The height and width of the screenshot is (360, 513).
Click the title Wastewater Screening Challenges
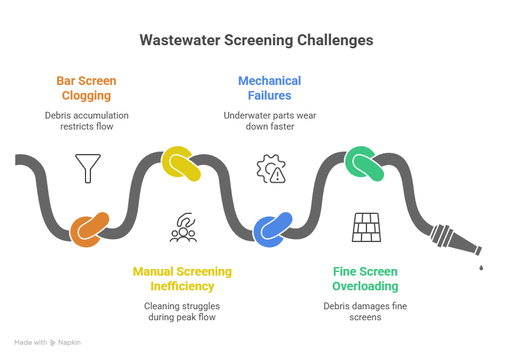(256, 40)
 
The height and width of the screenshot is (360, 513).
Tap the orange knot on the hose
(89, 229)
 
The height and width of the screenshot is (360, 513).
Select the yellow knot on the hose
(181, 164)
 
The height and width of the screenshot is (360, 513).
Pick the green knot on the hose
(365, 164)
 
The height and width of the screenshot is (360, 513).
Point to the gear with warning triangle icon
(271, 169)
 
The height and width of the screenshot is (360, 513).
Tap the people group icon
(183, 228)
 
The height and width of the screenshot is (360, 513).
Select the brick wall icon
(366, 227)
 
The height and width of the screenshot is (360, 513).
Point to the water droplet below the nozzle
(481, 267)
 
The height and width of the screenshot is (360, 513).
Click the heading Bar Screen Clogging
(86, 88)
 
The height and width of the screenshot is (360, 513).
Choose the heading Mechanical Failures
(269, 88)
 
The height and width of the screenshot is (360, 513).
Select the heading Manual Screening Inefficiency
(182, 279)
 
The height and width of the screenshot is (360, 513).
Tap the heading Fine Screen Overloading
(365, 279)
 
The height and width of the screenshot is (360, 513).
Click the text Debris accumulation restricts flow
(87, 120)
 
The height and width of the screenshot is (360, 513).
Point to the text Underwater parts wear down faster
(269, 120)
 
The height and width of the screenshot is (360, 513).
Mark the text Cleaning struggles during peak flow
(182, 311)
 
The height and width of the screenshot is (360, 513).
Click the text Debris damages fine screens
(365, 311)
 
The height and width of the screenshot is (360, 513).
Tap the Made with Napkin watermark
(48, 343)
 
